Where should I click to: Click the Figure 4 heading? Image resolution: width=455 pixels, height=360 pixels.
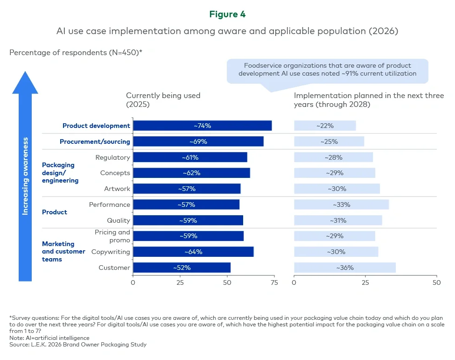click(227, 14)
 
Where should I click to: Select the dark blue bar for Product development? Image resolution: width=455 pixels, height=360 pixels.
click(202, 126)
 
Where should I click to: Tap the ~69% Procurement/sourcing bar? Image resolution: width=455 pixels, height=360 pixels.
click(198, 141)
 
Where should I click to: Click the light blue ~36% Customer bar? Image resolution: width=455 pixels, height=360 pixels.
click(344, 268)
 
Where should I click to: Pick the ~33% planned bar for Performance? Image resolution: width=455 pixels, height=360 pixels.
click(341, 205)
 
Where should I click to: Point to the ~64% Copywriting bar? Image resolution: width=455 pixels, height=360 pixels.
click(193, 252)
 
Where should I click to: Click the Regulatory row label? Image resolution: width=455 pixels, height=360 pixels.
click(112, 157)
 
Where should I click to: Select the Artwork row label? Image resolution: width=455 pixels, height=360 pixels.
click(117, 189)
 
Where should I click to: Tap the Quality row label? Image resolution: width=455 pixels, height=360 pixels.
click(119, 220)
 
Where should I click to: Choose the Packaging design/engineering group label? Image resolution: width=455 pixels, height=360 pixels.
click(60, 173)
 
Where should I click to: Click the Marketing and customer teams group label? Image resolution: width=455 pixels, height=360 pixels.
click(63, 252)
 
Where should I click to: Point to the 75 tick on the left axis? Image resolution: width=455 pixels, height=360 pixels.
click(274, 282)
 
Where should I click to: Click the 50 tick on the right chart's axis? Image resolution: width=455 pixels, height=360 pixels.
click(436, 282)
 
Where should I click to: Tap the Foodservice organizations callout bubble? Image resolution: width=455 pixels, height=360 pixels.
click(328, 70)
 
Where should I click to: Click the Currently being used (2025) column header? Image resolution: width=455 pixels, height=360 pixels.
click(163, 99)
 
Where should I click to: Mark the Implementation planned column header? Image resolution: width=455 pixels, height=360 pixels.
click(369, 99)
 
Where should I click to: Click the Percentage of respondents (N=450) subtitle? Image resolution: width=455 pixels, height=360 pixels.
click(76, 52)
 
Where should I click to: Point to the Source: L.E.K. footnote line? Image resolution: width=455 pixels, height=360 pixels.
click(78, 345)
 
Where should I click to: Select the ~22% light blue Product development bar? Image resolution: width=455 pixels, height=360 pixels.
click(325, 126)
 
